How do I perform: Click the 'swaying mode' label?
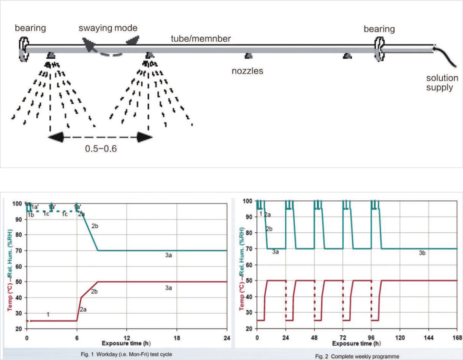(108, 29)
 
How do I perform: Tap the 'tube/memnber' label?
(201, 39)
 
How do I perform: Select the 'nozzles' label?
(247, 71)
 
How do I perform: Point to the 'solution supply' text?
(443, 83)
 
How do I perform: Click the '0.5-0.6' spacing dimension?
(100, 150)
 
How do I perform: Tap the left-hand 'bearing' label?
(30, 29)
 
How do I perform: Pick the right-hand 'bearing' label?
(379, 29)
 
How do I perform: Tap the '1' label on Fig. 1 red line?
(48, 314)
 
